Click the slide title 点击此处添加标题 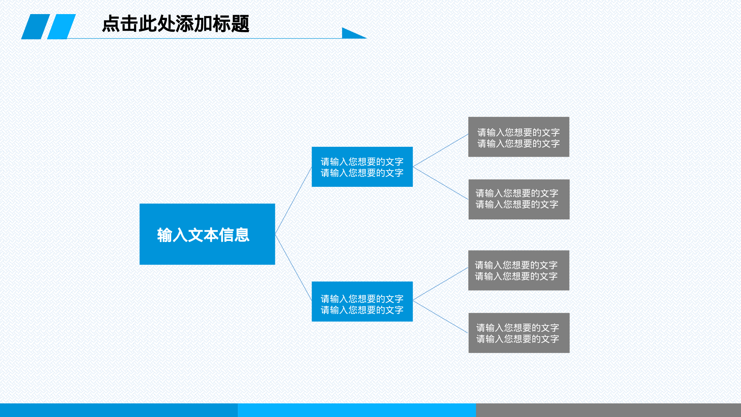pyautogui.click(x=175, y=24)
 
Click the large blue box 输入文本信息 pyautogui.click(x=207, y=234)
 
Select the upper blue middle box pyautogui.click(x=362, y=167)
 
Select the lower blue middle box pyautogui.click(x=362, y=301)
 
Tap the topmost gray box pyautogui.click(x=519, y=137)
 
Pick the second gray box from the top pyautogui.click(x=519, y=199)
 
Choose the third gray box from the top pyautogui.click(x=519, y=270)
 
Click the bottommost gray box pyautogui.click(x=519, y=333)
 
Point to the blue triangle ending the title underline pyautogui.click(x=350, y=34)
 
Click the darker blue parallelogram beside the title pyautogui.click(x=36, y=27)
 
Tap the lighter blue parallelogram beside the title pyautogui.click(x=62, y=27)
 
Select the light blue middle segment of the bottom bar pyautogui.click(x=357, y=410)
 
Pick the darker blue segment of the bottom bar pyautogui.click(x=119, y=410)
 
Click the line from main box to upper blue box pyautogui.click(x=293, y=201)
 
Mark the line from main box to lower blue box pyautogui.click(x=293, y=267)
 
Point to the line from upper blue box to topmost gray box pyautogui.click(x=441, y=150)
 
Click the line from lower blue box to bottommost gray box pyautogui.click(x=441, y=317)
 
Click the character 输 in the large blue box pyautogui.click(x=165, y=235)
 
